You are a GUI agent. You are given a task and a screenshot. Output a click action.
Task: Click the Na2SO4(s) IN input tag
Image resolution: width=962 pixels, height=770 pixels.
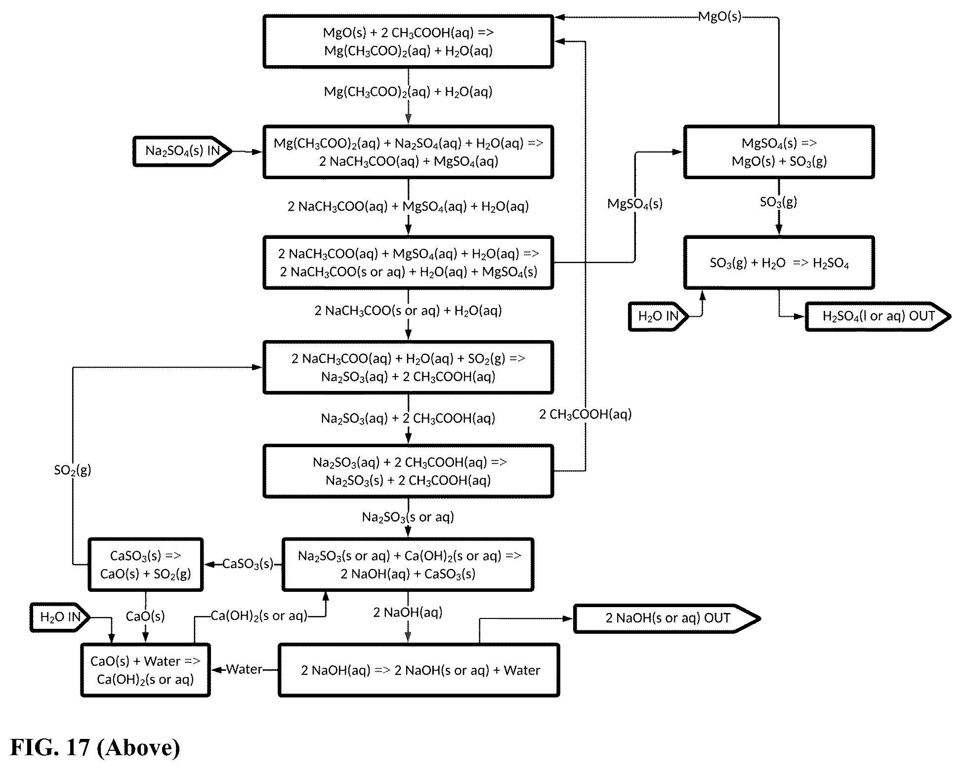(x=182, y=151)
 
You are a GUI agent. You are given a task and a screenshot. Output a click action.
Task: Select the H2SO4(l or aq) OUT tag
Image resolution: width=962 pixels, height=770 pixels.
(x=878, y=316)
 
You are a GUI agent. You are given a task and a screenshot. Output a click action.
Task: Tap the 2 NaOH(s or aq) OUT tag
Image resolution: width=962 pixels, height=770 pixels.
(x=667, y=618)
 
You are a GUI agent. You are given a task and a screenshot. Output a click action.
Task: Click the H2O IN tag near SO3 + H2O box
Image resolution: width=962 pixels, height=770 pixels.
(x=659, y=316)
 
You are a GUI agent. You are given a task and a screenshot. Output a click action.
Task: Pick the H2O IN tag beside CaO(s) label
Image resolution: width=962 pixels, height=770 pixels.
(x=60, y=617)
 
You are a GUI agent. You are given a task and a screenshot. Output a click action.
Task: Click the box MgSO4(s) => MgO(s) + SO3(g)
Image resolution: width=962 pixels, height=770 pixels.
(x=779, y=152)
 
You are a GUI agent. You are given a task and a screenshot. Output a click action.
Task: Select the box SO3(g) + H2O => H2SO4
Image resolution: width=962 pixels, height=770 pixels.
(x=779, y=263)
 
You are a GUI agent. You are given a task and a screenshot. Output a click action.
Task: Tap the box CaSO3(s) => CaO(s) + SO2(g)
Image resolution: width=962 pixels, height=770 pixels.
(x=146, y=565)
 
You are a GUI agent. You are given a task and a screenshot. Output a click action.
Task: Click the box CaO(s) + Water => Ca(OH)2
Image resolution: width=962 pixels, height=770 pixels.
(x=145, y=670)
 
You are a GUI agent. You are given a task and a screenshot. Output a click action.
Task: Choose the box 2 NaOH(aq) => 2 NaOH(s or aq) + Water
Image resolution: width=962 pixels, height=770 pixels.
(x=419, y=670)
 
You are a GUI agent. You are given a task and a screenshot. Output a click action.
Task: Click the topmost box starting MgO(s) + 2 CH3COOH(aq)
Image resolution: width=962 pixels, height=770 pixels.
(x=408, y=41)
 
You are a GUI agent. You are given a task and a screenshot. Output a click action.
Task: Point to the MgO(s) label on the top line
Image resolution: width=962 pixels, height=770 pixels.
(x=720, y=17)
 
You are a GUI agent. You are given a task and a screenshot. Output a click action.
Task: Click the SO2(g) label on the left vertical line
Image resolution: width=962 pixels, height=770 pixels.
(x=73, y=470)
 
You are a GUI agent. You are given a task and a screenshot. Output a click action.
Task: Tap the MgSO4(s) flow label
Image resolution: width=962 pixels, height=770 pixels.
(x=635, y=204)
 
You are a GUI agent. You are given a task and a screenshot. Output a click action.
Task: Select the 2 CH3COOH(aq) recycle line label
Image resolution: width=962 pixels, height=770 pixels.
(x=586, y=414)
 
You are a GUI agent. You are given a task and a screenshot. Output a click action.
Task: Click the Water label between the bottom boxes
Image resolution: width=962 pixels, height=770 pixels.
(x=244, y=669)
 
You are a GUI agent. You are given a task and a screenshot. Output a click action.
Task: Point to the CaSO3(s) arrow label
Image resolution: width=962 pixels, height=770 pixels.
(x=248, y=564)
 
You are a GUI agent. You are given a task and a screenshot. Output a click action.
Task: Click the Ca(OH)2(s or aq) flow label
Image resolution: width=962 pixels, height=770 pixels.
(x=259, y=616)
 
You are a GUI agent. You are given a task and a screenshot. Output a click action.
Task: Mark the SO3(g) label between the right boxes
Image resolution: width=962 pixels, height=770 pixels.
(x=779, y=202)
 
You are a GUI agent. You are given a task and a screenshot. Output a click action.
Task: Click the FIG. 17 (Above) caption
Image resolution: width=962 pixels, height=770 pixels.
(x=95, y=747)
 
